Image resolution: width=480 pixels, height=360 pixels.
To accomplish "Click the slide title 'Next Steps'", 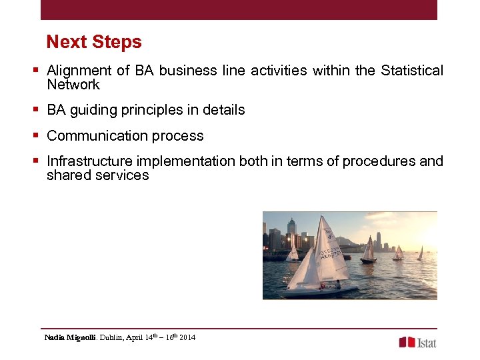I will coord(94,42).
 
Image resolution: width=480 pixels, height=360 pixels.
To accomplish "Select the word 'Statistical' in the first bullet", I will coord(411,71).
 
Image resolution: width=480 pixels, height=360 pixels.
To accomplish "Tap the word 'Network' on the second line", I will coord(73,85).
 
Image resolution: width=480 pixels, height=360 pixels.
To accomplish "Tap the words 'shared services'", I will coord(98,175).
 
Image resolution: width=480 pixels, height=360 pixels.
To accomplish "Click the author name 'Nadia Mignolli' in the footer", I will coord(70,338).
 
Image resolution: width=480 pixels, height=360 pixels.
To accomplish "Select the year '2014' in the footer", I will coord(187,338).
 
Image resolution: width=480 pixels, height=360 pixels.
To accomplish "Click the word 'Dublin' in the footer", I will coord(113,338).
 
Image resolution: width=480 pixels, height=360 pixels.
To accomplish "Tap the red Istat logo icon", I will coord(407,342).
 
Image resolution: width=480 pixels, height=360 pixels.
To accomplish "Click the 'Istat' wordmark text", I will coord(427,342).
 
